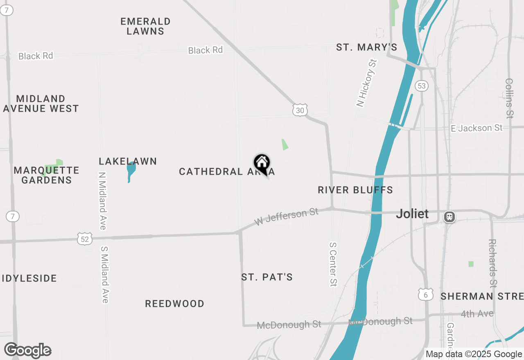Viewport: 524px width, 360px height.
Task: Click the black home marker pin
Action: pyautogui.click(x=262, y=163)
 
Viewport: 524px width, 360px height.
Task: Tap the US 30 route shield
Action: pyautogui.click(x=300, y=110)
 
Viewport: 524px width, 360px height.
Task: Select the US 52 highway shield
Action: pyautogui.click(x=85, y=239)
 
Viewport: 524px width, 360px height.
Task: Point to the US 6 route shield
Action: pyautogui.click(x=426, y=294)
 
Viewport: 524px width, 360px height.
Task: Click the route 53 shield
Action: pyautogui.click(x=421, y=86)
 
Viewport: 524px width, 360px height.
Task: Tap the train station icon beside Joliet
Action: pyautogui.click(x=449, y=216)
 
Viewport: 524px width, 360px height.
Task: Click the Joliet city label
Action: pyautogui.click(x=412, y=214)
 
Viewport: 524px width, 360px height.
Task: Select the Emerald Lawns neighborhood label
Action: pyautogui.click(x=145, y=26)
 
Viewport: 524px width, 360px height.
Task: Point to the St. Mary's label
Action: pyautogui.click(x=366, y=47)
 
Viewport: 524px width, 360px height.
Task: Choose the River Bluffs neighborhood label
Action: pyautogui.click(x=355, y=190)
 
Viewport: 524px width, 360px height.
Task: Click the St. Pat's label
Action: pyautogui.click(x=267, y=277)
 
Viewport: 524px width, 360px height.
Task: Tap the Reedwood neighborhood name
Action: pyautogui.click(x=175, y=304)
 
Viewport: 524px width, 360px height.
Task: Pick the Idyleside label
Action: pyautogui.click(x=29, y=279)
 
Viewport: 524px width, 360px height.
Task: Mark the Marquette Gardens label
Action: pyautogui.click(x=47, y=175)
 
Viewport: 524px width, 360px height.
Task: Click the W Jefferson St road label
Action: pyautogui.click(x=286, y=217)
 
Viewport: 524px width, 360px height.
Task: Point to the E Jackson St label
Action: pyautogui.click(x=477, y=128)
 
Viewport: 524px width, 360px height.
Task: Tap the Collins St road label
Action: pyautogui.click(x=509, y=98)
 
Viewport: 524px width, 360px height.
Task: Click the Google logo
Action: pyautogui.click(x=27, y=350)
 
